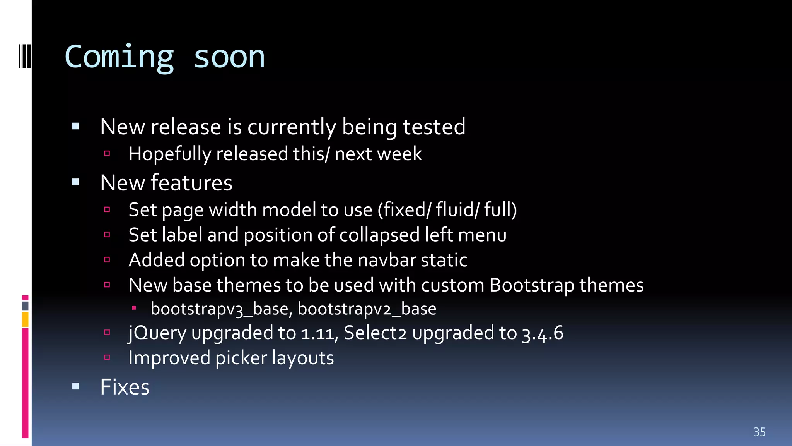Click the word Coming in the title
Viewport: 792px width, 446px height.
(x=119, y=57)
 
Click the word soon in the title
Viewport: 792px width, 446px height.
(x=229, y=57)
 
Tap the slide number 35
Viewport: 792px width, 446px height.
(x=760, y=432)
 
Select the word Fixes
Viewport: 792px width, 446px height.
(x=125, y=387)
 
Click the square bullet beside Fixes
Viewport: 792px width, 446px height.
(x=75, y=386)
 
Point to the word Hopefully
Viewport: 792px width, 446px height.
(x=170, y=154)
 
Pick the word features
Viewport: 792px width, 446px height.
(x=191, y=183)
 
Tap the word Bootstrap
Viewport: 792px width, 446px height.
(x=532, y=285)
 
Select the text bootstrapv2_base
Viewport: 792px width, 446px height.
(x=367, y=309)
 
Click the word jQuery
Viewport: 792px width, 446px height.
(x=157, y=333)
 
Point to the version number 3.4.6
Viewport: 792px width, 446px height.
(x=543, y=333)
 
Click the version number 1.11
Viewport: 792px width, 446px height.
(x=317, y=333)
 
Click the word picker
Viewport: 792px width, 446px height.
(x=241, y=358)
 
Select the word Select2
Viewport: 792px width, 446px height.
(x=375, y=333)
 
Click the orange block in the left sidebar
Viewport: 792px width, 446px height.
(x=25, y=320)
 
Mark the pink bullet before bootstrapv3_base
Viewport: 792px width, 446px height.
(x=134, y=308)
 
